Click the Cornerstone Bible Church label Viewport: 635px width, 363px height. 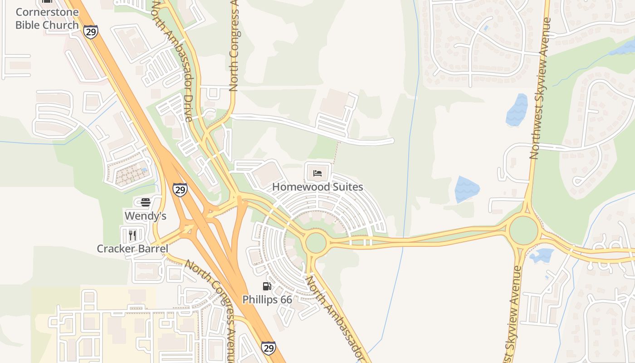pos(47,19)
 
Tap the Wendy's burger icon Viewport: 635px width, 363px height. pos(146,202)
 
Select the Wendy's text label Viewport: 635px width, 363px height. pos(146,216)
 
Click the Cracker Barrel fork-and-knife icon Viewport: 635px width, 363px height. pos(132,235)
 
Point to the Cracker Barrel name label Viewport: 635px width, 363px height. pos(132,249)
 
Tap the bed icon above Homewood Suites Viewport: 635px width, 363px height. pos(317,173)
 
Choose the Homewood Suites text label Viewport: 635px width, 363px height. pos(317,187)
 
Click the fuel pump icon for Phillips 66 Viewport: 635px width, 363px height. pos(267,286)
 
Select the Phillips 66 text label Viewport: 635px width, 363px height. pos(267,299)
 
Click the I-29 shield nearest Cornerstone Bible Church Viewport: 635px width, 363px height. pos(91,31)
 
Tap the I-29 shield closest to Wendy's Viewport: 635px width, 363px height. pos(180,190)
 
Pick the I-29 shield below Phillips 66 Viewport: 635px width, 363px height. pos(268,348)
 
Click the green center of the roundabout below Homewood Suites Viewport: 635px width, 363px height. pos(316,243)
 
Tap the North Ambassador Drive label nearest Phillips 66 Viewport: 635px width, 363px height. pos(336,318)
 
